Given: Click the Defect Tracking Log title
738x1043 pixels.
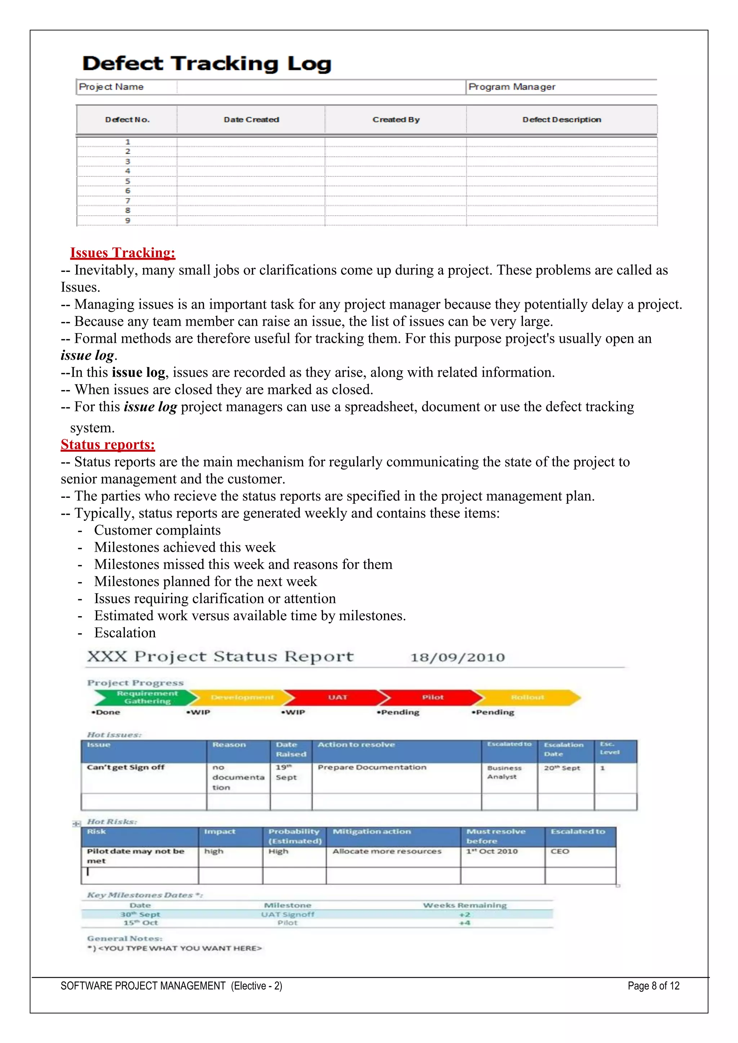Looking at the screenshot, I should pyautogui.click(x=207, y=64).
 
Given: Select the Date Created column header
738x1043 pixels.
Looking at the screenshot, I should pyautogui.click(x=251, y=120).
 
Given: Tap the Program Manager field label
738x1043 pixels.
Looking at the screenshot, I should pyautogui.click(x=512, y=87).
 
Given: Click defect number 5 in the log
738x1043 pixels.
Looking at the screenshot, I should pyautogui.click(x=128, y=181).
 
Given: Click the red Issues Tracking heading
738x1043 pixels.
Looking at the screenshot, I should pyautogui.click(x=123, y=252).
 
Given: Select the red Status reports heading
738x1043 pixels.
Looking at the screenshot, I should pyautogui.click(x=108, y=444).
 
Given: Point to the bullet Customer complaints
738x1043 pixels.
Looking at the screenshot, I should pyautogui.click(x=157, y=530).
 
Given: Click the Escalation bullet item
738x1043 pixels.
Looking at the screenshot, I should pyautogui.click(x=125, y=633).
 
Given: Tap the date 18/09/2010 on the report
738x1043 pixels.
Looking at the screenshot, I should pyautogui.click(x=458, y=657).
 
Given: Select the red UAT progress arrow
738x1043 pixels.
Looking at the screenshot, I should pyautogui.click(x=337, y=697).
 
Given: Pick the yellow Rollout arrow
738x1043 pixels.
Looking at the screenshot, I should pyautogui.click(x=527, y=697).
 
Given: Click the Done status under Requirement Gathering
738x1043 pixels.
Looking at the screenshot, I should pyautogui.click(x=106, y=712).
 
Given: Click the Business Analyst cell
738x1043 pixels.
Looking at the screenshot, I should pyautogui.click(x=504, y=772).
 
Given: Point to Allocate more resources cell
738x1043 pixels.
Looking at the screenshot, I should pyautogui.click(x=387, y=851).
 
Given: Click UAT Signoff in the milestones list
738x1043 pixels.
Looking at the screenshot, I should pyautogui.click(x=287, y=914).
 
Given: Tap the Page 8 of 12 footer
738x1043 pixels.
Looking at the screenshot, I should pyautogui.click(x=653, y=986).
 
